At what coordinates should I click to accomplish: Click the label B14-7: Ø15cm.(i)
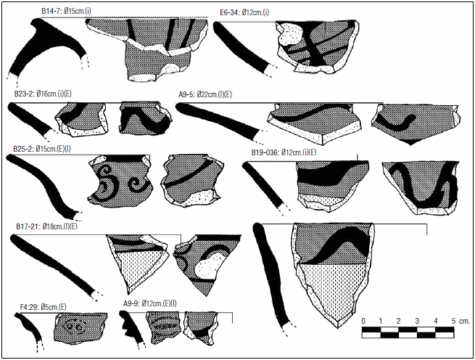66,11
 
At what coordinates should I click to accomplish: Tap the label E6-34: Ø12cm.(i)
244,12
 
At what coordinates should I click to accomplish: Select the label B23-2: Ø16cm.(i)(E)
43,94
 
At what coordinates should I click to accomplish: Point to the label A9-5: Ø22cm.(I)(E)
205,94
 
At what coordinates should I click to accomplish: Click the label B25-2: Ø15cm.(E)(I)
42,149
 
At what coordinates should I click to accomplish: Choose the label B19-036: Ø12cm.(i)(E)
284,152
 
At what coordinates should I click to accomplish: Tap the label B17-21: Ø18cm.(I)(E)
46,226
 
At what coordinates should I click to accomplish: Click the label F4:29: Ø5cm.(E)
43,307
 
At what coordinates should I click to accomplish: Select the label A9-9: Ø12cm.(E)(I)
150,303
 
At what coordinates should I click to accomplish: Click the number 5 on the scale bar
453,321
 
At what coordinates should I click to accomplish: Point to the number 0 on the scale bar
363,321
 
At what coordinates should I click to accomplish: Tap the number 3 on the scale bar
417,321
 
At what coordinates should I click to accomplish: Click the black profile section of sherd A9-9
132,327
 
